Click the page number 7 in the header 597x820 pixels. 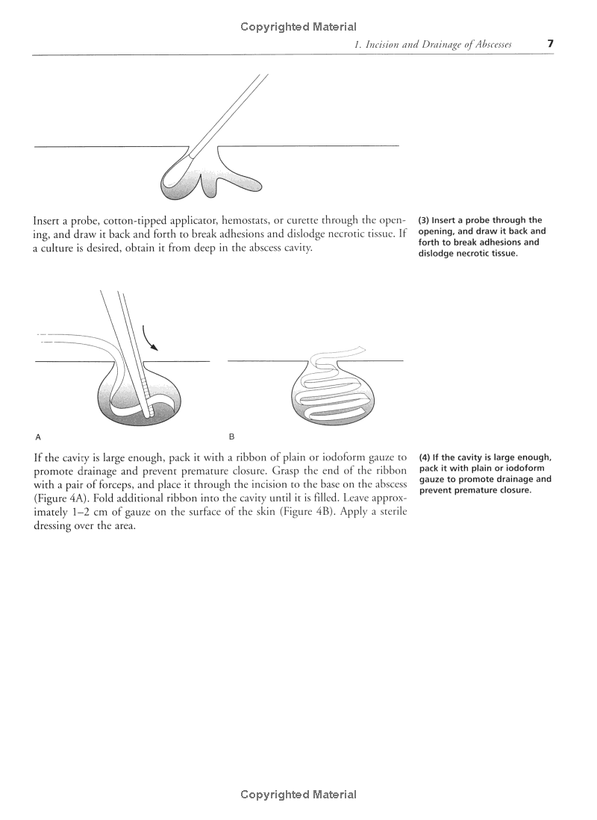(550, 43)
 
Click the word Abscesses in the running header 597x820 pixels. (489, 45)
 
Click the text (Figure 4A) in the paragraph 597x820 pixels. (61, 498)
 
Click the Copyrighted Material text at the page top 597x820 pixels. (298, 27)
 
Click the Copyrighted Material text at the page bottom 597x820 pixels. (298, 795)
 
